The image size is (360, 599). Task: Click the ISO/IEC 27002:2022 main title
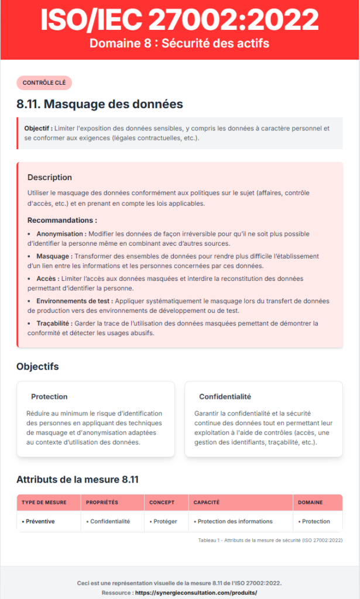[x=180, y=20]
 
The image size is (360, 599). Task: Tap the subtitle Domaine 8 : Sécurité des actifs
[x=180, y=43]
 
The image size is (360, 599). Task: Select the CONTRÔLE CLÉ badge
[x=44, y=83]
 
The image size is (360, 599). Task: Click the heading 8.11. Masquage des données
[x=100, y=105]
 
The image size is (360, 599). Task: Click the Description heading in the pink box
[x=50, y=177]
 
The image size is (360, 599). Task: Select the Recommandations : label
[x=62, y=221]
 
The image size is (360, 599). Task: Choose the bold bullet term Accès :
[x=47, y=278]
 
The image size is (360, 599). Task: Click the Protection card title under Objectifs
[x=49, y=396]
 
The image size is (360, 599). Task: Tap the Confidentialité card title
[x=225, y=396]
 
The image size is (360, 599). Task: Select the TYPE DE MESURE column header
[x=44, y=502]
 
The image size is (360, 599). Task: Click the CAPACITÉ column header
[x=206, y=502]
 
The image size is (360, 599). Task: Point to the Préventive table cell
[x=38, y=521]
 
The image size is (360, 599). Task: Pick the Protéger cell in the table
[x=163, y=521]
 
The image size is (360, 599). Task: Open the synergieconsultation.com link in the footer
[x=196, y=593]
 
